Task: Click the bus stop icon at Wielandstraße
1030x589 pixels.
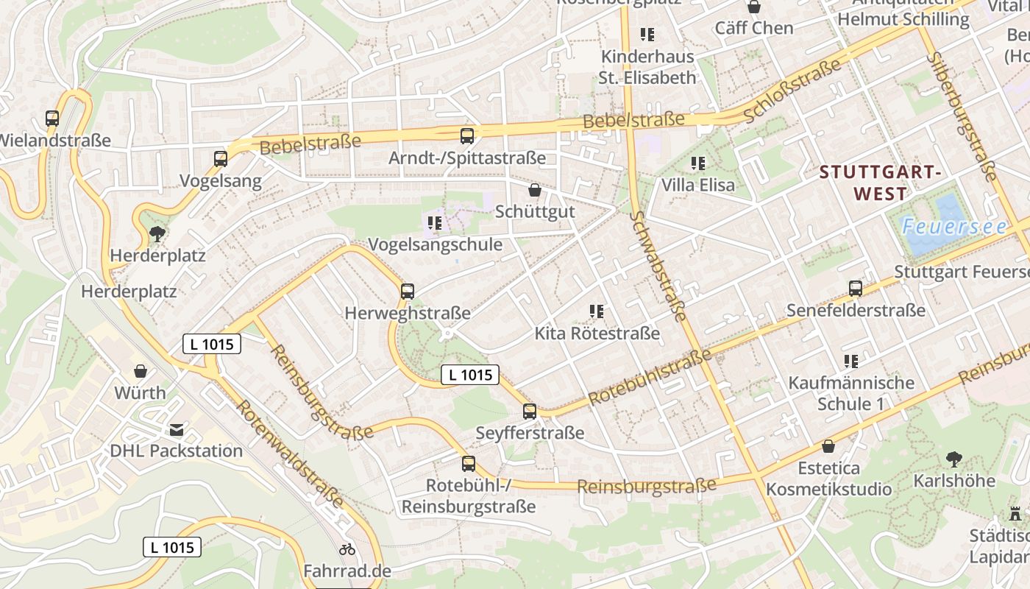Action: [x=52, y=118]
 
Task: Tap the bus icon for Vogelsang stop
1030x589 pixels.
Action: [x=221, y=158]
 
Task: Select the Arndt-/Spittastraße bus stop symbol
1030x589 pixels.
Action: [x=467, y=135]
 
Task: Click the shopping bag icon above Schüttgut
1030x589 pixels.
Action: [x=535, y=190]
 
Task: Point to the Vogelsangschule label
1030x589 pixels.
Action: [x=435, y=244]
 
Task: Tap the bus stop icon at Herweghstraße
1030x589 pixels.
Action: [x=408, y=291]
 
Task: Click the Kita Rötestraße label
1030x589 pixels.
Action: [x=597, y=334]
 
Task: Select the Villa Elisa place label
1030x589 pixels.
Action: [x=697, y=184]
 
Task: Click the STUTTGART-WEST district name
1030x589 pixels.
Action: [x=880, y=183]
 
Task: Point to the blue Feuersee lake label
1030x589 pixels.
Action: [x=954, y=227]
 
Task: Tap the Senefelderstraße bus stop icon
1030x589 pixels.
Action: [x=856, y=289]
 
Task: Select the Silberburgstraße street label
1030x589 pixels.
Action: [x=962, y=116]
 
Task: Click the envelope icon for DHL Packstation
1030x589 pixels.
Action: [x=177, y=430]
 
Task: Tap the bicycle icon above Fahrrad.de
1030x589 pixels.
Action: [x=347, y=549]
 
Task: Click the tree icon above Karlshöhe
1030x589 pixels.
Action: [x=953, y=459]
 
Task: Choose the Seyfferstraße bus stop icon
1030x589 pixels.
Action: [x=530, y=412]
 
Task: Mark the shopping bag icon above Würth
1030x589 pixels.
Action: [x=140, y=371]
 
